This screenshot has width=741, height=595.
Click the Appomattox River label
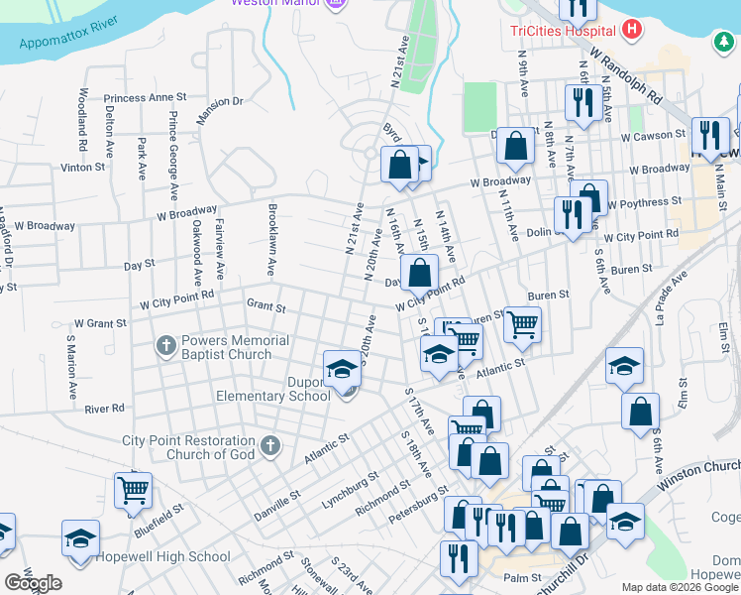coord(67,31)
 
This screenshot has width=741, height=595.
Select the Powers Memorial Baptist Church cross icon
coord(165,347)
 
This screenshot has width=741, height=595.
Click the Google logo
coord(33,583)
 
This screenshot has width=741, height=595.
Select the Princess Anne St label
coord(145,98)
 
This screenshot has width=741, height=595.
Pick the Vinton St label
coord(82,168)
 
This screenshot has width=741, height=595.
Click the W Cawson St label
coord(654,136)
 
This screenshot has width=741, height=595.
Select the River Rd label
coord(105,408)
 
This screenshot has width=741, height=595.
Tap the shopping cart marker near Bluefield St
coord(133,489)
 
